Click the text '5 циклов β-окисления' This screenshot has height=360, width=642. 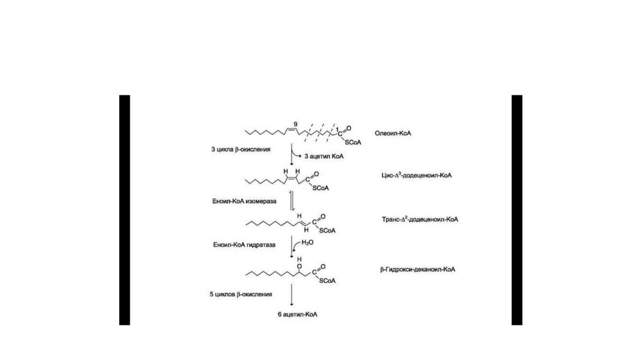pos(241,294)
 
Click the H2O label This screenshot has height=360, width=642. pos(308,241)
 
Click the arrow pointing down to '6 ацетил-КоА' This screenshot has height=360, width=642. pos(292,295)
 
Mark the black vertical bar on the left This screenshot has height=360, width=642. pos(125,209)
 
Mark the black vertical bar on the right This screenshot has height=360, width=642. pos(517,209)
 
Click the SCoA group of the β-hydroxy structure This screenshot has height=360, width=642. pos(329,280)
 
